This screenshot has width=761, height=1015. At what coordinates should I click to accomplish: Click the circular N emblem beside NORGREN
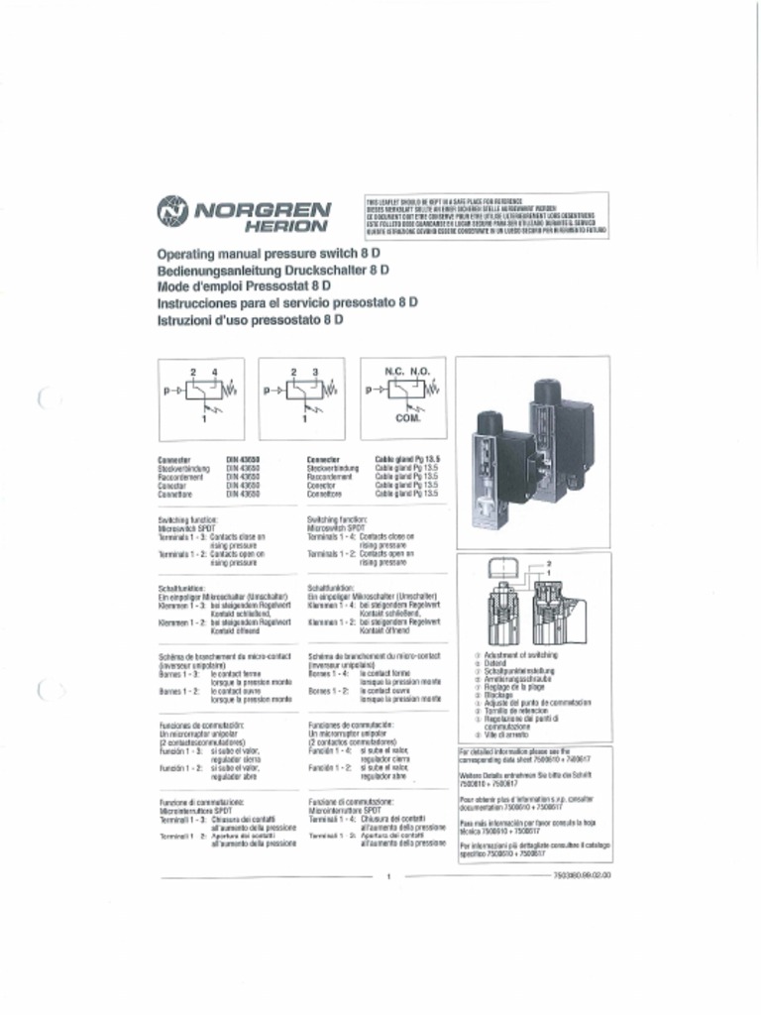tap(172, 211)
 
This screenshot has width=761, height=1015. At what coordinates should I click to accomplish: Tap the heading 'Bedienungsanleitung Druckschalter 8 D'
tap(272, 271)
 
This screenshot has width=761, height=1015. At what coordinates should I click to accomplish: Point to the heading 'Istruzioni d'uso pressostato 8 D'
tap(250, 321)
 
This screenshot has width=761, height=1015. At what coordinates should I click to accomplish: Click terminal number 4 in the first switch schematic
tap(214, 371)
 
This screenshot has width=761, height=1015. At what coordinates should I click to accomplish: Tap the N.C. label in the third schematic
tap(393, 371)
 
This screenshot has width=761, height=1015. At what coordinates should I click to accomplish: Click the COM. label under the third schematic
tap(408, 419)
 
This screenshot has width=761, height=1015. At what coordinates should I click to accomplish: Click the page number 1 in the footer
tap(389, 876)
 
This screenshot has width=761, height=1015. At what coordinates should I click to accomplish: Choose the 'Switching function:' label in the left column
tap(187, 519)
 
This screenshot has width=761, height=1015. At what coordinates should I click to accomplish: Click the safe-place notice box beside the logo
tap(487, 216)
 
